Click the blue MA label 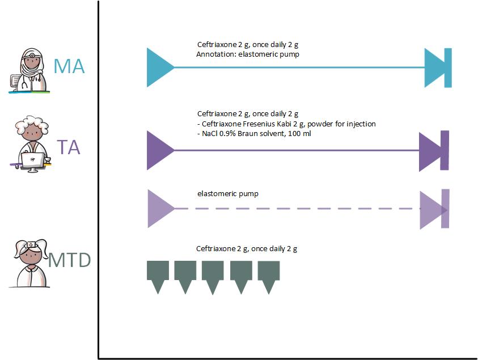tap(69, 66)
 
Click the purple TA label tap(68, 147)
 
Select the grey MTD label tap(69, 260)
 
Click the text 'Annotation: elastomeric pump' tap(247, 54)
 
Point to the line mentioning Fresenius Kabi tap(286, 124)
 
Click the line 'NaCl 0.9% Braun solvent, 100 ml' tap(255, 134)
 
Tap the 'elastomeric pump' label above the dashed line tap(227, 194)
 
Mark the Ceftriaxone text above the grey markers tap(247, 248)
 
